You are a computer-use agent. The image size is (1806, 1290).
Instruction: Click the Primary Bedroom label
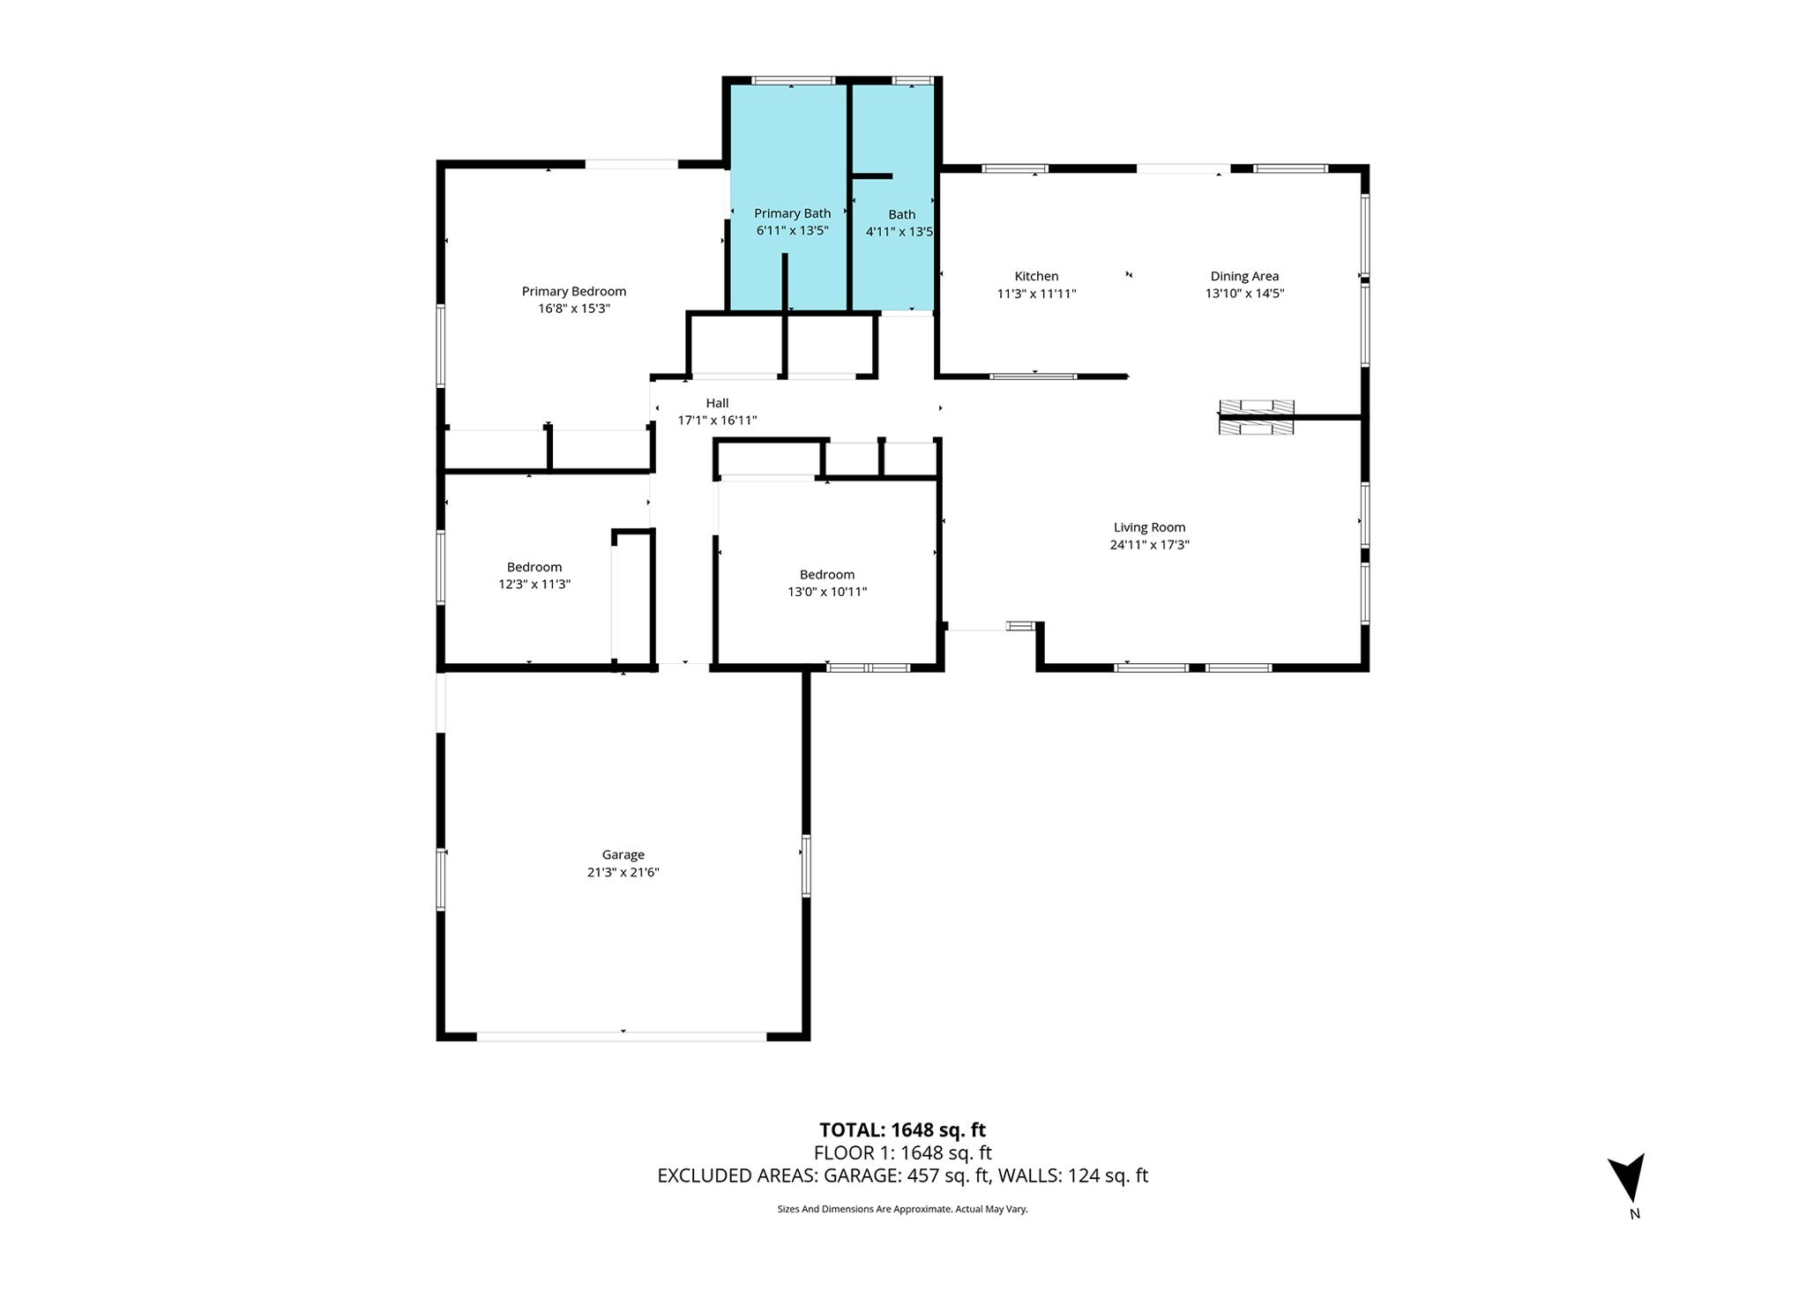(x=574, y=291)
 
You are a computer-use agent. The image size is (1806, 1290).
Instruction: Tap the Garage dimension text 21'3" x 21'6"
(x=623, y=872)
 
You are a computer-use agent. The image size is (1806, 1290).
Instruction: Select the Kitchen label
(x=1036, y=276)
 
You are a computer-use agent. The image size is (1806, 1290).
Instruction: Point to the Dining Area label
(x=1244, y=276)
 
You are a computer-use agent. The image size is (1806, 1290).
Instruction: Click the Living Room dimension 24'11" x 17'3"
(x=1150, y=545)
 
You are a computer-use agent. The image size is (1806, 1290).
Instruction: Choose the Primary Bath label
(x=792, y=213)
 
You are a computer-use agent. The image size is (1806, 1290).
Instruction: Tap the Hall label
(x=717, y=403)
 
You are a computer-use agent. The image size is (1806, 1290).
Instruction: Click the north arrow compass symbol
(x=1628, y=1177)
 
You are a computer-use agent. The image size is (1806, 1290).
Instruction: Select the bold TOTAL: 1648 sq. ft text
(x=902, y=1130)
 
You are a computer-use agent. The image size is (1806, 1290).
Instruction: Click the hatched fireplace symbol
(x=1257, y=417)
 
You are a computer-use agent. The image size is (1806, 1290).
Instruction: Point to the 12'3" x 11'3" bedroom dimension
(x=534, y=584)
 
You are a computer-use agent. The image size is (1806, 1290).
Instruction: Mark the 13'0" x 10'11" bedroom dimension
(x=827, y=592)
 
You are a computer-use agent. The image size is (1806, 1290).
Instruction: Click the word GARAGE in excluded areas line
(x=862, y=1175)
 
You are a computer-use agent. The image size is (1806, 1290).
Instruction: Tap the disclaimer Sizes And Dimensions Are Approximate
(x=902, y=1209)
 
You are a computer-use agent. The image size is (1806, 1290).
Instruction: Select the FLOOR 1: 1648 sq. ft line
(x=902, y=1152)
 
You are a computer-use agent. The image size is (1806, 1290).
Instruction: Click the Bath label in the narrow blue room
(x=901, y=214)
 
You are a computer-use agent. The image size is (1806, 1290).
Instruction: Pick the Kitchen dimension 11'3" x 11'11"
(x=1036, y=294)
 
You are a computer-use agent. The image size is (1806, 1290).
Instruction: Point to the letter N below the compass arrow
(x=1635, y=1213)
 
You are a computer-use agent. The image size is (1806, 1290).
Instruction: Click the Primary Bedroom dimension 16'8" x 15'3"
(x=574, y=309)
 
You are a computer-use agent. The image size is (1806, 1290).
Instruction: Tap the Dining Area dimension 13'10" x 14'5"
(x=1244, y=294)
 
